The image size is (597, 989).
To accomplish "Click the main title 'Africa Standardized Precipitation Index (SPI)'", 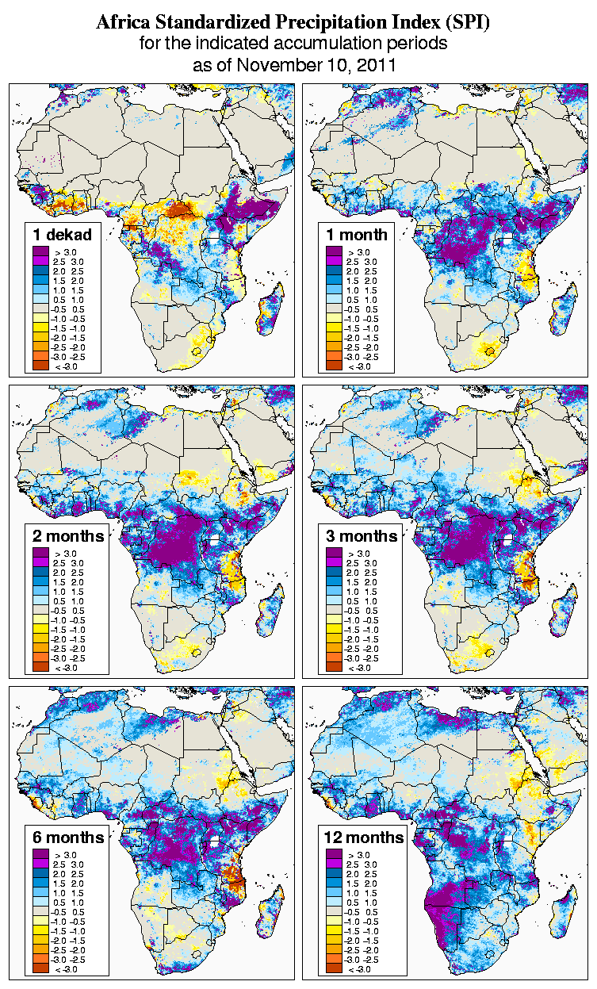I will [293, 23].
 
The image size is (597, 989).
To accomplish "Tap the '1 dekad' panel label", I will [63, 234].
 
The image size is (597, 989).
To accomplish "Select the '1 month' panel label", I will [357, 234].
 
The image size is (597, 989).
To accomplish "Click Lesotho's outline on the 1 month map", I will [492, 350].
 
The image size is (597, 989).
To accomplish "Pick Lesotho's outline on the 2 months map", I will [199, 652].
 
